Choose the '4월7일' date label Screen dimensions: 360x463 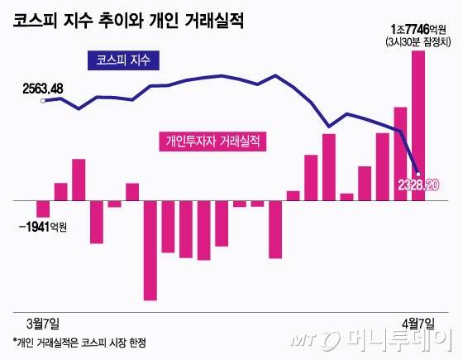click(x=417, y=321)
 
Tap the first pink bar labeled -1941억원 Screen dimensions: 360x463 click(x=43, y=209)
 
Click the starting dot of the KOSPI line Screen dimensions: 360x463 click(x=43, y=101)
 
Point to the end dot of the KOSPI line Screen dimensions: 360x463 click(x=418, y=172)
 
